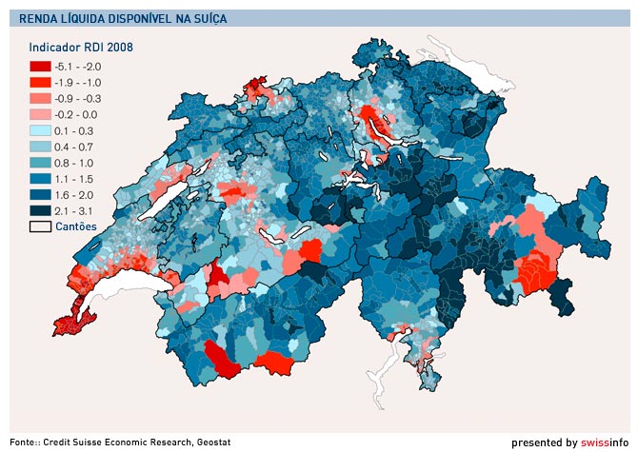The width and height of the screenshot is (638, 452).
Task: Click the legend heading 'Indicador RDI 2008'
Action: pyautogui.click(x=80, y=47)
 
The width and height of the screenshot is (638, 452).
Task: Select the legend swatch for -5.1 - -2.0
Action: pyautogui.click(x=39, y=66)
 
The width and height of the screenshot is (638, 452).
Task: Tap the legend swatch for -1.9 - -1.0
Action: pyautogui.click(x=39, y=82)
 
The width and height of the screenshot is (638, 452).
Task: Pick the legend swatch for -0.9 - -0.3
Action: pyautogui.click(x=39, y=98)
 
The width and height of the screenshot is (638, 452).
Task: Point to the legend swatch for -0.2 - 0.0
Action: pyautogui.click(x=39, y=114)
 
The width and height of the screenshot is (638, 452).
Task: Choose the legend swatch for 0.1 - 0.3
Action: pyautogui.click(x=39, y=130)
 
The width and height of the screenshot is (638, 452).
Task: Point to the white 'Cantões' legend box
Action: pyautogui.click(x=39, y=227)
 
